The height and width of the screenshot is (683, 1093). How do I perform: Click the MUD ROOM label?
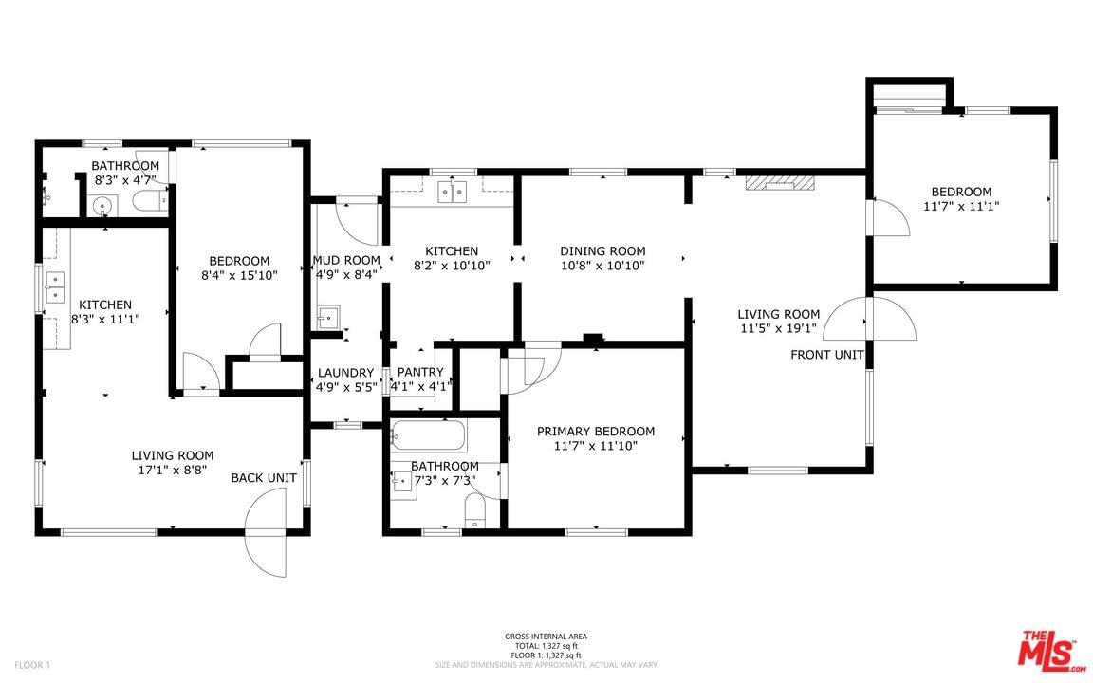tap(345, 260)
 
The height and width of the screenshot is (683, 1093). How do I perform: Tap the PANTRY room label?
tap(420, 372)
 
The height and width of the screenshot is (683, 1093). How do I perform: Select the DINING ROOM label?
tap(603, 250)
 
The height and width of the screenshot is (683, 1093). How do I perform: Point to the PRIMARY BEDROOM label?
tap(596, 432)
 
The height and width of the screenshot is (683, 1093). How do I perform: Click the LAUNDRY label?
tap(345, 373)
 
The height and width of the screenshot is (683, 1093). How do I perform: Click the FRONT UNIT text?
tap(827, 355)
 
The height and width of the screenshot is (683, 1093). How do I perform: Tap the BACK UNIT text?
tap(264, 477)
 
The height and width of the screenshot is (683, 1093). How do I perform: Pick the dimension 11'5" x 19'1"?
tap(779, 328)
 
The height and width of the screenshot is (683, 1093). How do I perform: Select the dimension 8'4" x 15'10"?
tap(239, 275)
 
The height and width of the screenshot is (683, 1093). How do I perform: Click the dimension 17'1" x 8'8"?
tap(172, 470)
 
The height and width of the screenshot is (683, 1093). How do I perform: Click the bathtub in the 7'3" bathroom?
tap(429, 435)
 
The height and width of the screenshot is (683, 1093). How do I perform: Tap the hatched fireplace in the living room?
tap(779, 182)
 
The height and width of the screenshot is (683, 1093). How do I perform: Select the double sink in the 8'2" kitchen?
tap(453, 191)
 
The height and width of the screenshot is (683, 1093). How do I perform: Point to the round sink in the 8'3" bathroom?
tap(102, 206)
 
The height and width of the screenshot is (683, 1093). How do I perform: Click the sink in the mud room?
tap(327, 317)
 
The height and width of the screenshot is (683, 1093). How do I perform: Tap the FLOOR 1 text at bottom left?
tap(33, 665)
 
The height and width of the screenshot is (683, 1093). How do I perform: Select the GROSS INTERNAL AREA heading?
tap(546, 637)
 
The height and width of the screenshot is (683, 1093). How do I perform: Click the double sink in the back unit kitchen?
tap(54, 287)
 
